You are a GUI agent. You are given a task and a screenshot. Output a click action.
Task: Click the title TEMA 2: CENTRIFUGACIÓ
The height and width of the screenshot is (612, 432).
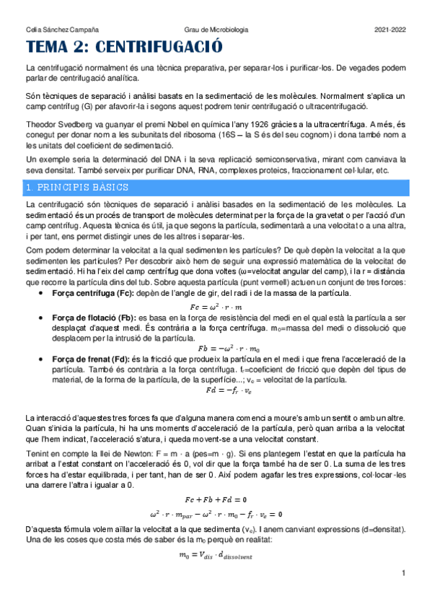click(123, 48)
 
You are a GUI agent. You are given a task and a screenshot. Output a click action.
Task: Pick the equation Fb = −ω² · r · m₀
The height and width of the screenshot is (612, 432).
click(216, 348)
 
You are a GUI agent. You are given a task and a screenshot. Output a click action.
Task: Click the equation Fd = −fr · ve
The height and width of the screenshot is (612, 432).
click(216, 390)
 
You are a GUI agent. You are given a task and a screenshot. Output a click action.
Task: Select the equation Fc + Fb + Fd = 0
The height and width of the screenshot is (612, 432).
click(216, 499)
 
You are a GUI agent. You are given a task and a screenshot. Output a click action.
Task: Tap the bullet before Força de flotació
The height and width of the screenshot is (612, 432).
click(47, 318)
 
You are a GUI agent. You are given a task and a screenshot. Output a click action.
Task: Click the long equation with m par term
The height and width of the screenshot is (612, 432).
click(216, 514)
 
